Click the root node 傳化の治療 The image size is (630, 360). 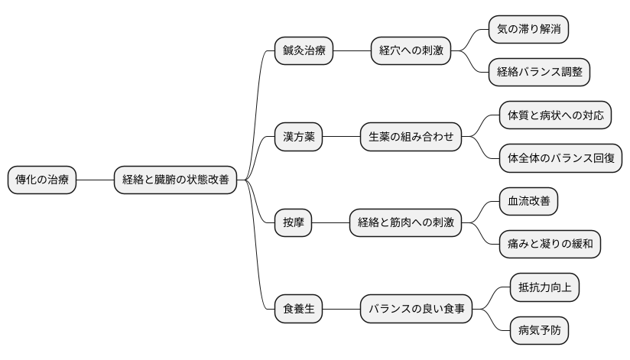pyautogui.click(x=42, y=180)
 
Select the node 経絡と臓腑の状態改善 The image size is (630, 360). pyautogui.click(x=175, y=180)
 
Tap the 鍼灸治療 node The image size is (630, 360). pyautogui.click(x=304, y=51)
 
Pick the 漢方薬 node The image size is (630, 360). pyautogui.click(x=298, y=138)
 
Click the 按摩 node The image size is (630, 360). pyautogui.click(x=293, y=223)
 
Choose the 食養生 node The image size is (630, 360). pyautogui.click(x=298, y=310)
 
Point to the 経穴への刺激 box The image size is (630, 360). pyautogui.click(x=411, y=51)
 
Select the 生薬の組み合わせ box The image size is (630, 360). pyautogui.click(x=411, y=138)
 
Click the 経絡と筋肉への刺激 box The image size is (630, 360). pyautogui.click(x=405, y=223)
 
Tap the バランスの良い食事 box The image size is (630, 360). pyautogui.click(x=416, y=310)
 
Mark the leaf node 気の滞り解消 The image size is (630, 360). pyautogui.click(x=528, y=30)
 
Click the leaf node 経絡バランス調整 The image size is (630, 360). pyautogui.click(x=538, y=73)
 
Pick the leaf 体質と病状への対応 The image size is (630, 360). pyautogui.click(x=554, y=116)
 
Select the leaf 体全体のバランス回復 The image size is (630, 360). pyautogui.click(x=560, y=159)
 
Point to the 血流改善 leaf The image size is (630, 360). pyautogui.click(x=528, y=202)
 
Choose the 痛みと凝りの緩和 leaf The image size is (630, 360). pyautogui.click(x=549, y=245)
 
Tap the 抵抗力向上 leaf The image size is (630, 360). pyautogui.click(x=544, y=288)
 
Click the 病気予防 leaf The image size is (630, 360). pyautogui.click(x=538, y=331)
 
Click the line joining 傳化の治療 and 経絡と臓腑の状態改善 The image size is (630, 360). pyautogui.click(x=95, y=180)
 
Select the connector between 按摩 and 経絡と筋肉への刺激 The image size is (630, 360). pyautogui.click(x=330, y=223)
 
